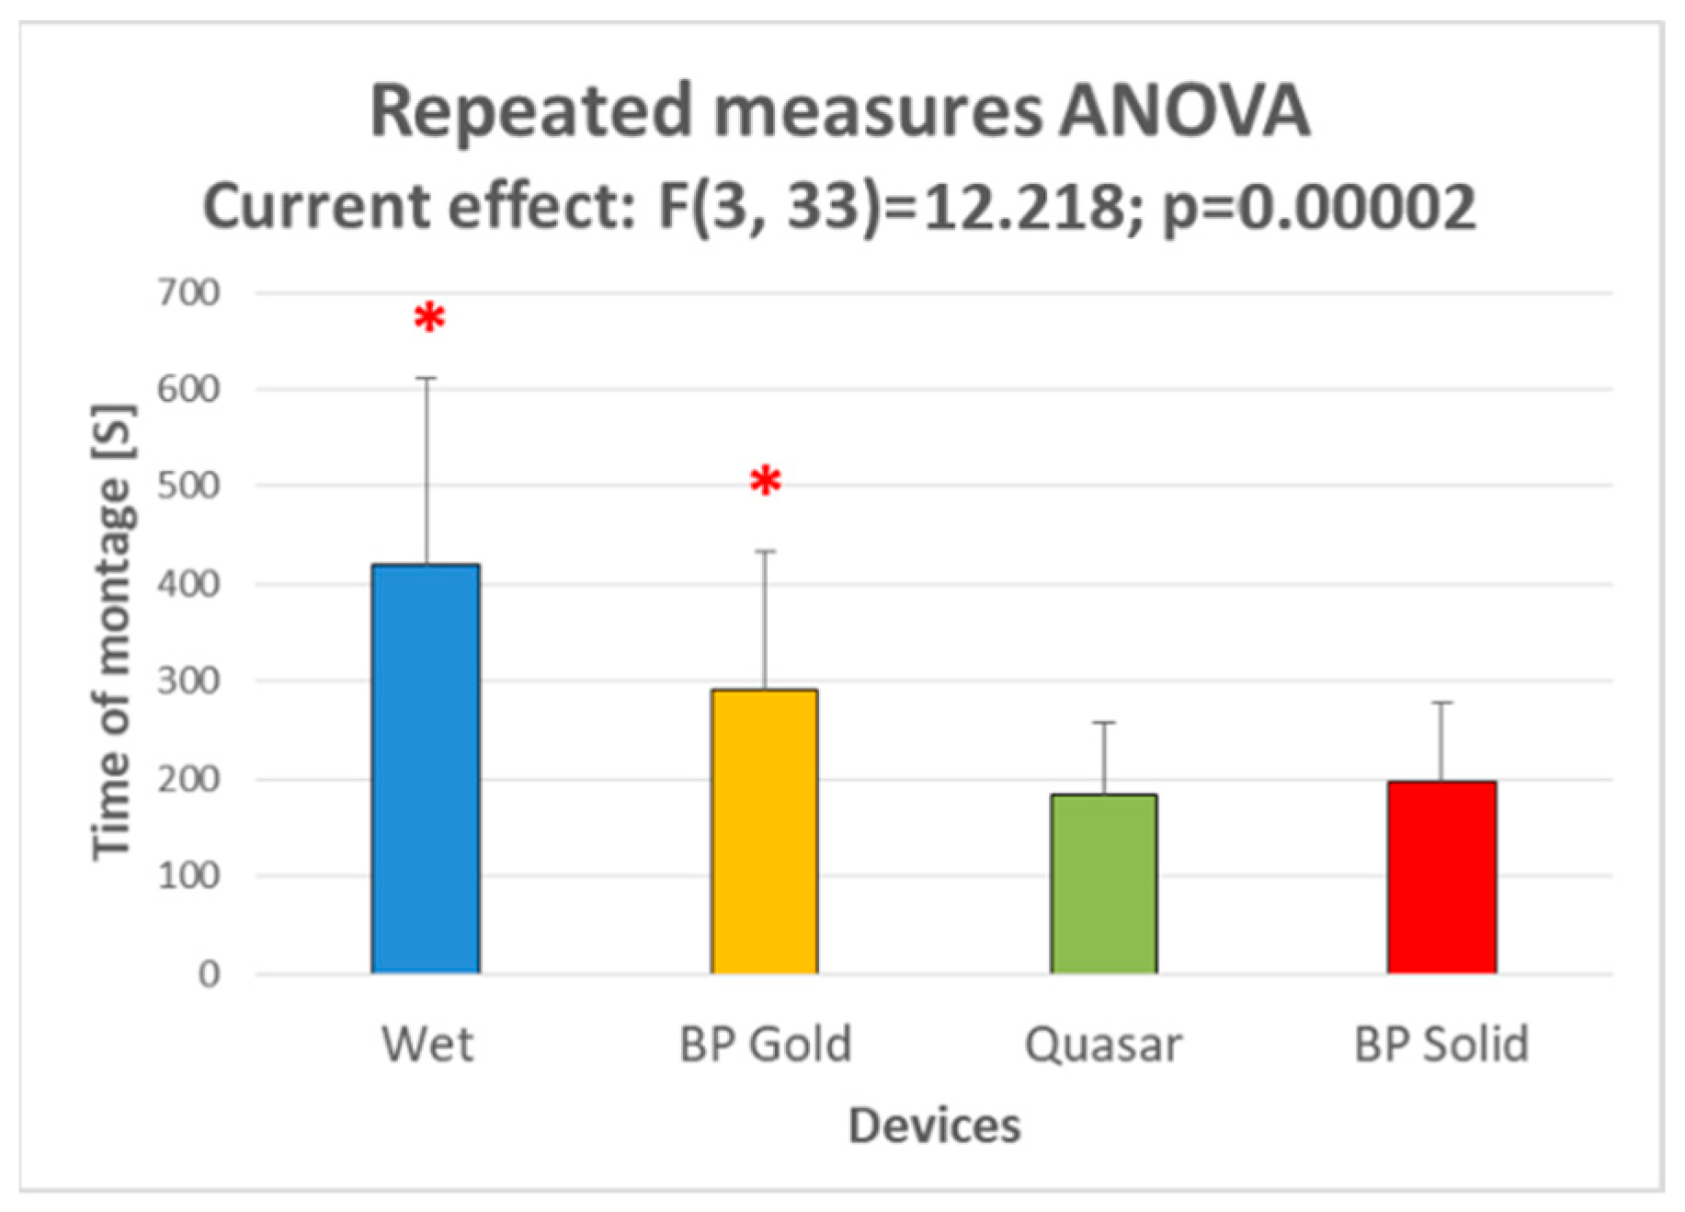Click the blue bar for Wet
coord(426,769)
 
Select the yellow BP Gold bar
coord(764,831)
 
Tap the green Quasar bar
coord(1103,884)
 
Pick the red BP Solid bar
coord(1441,877)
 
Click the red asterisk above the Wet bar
coord(429,319)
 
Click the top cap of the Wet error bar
coord(427,378)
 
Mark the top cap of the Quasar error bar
coord(1103,723)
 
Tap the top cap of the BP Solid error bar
coord(1441,703)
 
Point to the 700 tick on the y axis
coord(188,293)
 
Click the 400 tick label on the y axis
coord(188,584)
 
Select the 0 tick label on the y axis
coord(209,974)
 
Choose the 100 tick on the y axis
coord(188,875)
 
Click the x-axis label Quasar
coord(1103,1045)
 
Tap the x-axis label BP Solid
coord(1441,1045)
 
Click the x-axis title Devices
coord(934,1126)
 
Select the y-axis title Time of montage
coord(113,632)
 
